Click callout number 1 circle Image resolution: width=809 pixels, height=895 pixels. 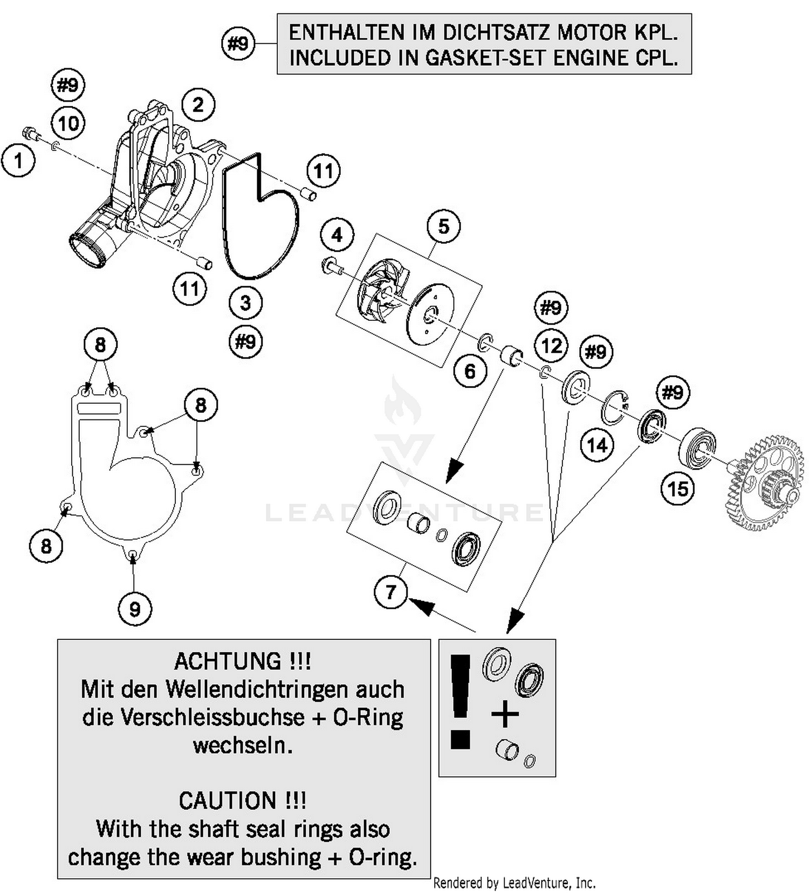(18, 160)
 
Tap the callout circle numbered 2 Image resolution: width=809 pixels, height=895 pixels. (198, 105)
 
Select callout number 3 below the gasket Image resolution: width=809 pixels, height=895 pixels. (245, 302)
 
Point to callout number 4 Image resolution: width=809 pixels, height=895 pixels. (337, 235)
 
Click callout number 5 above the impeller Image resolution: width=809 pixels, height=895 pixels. (443, 226)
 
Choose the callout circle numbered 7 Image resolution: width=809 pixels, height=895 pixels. (390, 592)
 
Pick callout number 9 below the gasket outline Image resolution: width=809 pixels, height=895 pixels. (134, 609)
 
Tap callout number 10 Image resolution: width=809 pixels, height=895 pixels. (68, 123)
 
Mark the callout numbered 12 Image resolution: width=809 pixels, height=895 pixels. (551, 346)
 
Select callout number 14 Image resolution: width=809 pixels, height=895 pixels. (597, 445)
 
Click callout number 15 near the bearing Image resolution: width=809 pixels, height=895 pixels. (677, 489)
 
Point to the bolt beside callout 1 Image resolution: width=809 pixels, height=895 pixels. (30, 133)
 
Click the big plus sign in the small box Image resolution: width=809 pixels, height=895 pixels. (505, 715)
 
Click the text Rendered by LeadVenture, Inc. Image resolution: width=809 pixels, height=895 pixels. (514, 883)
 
